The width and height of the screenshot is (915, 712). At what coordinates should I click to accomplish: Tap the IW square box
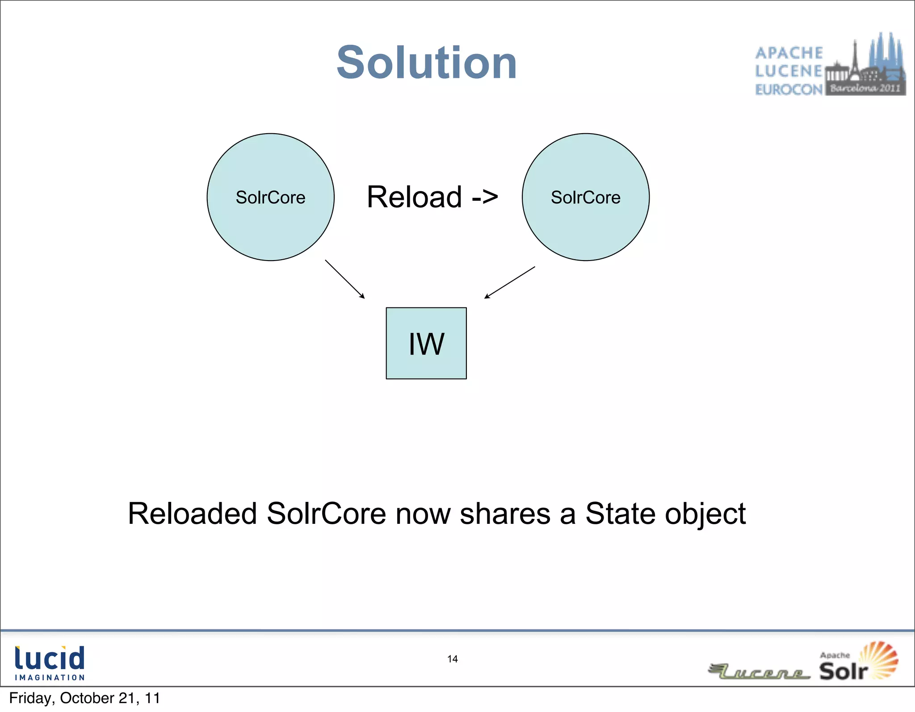426,343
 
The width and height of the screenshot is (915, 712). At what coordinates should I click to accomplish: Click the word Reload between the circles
414,197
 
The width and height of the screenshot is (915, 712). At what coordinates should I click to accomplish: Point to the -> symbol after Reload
485,197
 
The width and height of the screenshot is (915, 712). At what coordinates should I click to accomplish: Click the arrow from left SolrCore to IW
345,279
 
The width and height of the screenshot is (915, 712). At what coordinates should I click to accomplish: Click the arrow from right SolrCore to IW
509,282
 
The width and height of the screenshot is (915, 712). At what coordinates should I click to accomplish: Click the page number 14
452,659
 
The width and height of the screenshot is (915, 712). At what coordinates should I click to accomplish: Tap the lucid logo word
50,657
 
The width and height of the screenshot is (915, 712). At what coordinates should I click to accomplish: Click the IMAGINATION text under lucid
50,678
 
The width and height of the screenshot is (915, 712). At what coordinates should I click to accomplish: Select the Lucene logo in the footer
760,672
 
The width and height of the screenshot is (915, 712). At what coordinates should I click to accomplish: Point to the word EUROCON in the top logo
789,90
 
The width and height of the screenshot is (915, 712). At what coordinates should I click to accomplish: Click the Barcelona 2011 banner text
865,88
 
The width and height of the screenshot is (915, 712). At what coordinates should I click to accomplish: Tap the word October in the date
87,698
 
